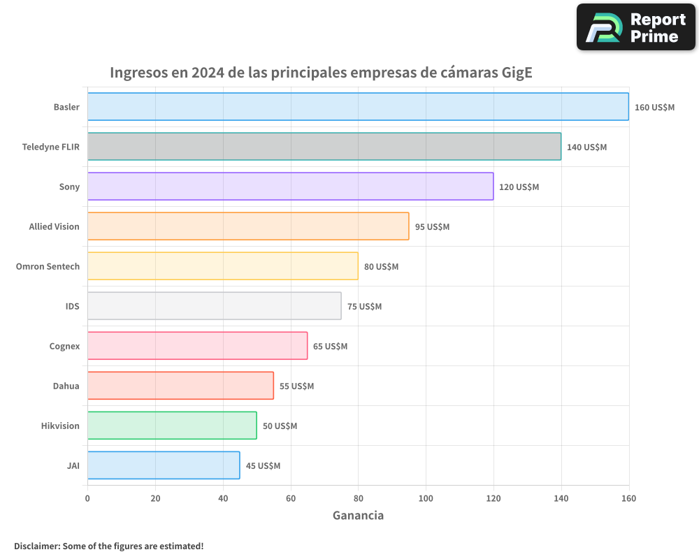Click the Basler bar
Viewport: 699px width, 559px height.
click(358, 107)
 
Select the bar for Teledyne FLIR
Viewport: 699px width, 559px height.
click(324, 147)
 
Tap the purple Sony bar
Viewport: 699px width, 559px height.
click(290, 187)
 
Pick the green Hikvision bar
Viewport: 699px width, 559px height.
click(172, 426)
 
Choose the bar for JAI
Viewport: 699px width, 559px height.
click(164, 465)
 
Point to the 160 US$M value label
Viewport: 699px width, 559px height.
click(654, 108)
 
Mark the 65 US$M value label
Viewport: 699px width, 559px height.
click(330, 347)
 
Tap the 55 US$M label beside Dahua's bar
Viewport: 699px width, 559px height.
click(296, 386)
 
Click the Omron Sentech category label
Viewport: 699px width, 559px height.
click(48, 266)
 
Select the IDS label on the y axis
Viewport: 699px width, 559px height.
click(72, 306)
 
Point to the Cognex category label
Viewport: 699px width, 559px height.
click(64, 346)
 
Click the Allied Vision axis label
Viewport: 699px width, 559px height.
click(54, 226)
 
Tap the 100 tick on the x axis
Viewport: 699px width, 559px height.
click(426, 498)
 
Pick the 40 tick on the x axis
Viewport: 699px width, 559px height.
click(223, 498)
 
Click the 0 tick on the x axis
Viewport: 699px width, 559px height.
click(87, 498)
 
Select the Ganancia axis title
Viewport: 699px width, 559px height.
click(358, 516)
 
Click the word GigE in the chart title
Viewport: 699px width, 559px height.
click(517, 73)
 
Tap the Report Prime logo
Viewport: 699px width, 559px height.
click(636, 27)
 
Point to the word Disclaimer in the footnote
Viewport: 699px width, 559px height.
click(36, 546)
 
